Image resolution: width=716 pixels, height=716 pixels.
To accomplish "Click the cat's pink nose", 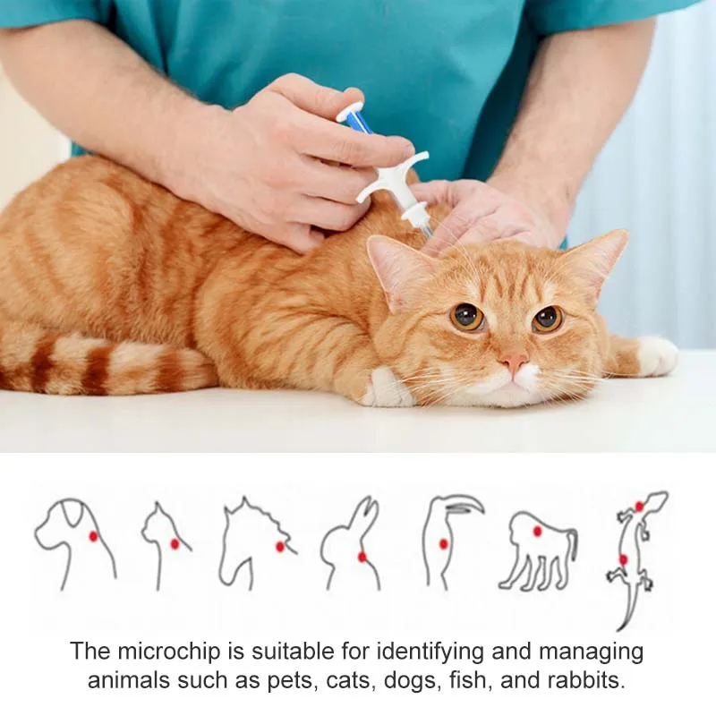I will pyautogui.click(x=514, y=362).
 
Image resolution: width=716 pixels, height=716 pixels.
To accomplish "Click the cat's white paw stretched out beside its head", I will pyautogui.click(x=656, y=355).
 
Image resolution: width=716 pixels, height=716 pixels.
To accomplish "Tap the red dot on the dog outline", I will pyautogui.click(x=93, y=536).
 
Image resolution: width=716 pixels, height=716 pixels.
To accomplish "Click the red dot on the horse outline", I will pyautogui.click(x=280, y=546).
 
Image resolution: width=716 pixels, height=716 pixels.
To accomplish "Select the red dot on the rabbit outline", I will pyautogui.click(x=362, y=557).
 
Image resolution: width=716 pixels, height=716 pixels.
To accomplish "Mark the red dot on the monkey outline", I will pyautogui.click(x=537, y=531).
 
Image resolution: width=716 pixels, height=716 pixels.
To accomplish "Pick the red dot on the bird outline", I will pyautogui.click(x=443, y=543).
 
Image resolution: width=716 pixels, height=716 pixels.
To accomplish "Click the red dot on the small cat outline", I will pyautogui.click(x=175, y=543).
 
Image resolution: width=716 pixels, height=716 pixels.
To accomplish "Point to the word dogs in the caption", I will pyautogui.click(x=407, y=679).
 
